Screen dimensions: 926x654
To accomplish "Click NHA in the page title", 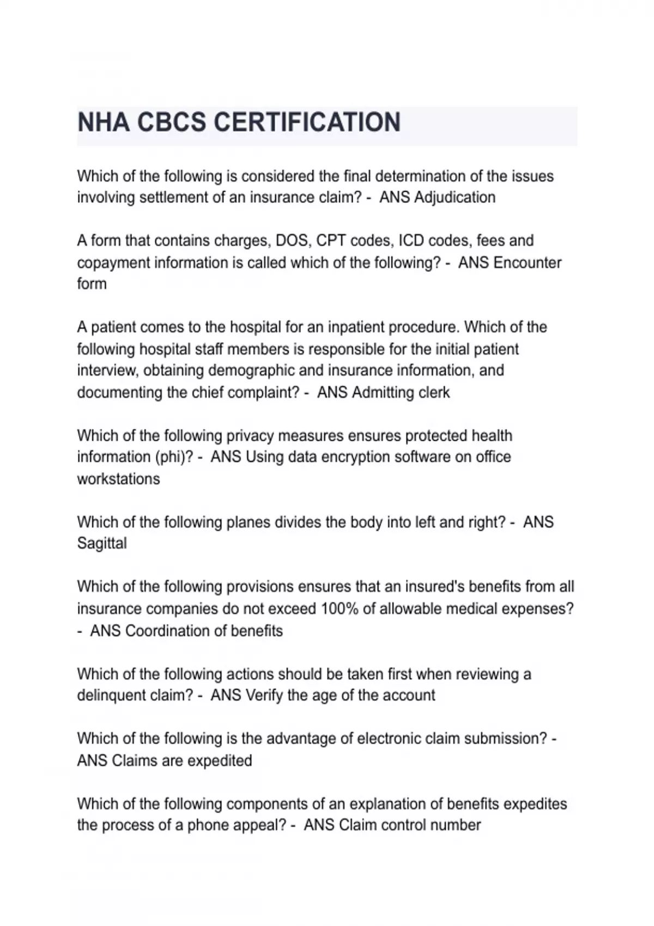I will [104, 122].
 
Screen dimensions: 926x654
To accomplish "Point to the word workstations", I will [118, 479].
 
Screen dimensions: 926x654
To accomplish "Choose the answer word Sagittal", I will [102, 543].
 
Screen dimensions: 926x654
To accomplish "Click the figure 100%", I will [340, 608].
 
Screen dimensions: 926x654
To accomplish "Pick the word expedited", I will [219, 760].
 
